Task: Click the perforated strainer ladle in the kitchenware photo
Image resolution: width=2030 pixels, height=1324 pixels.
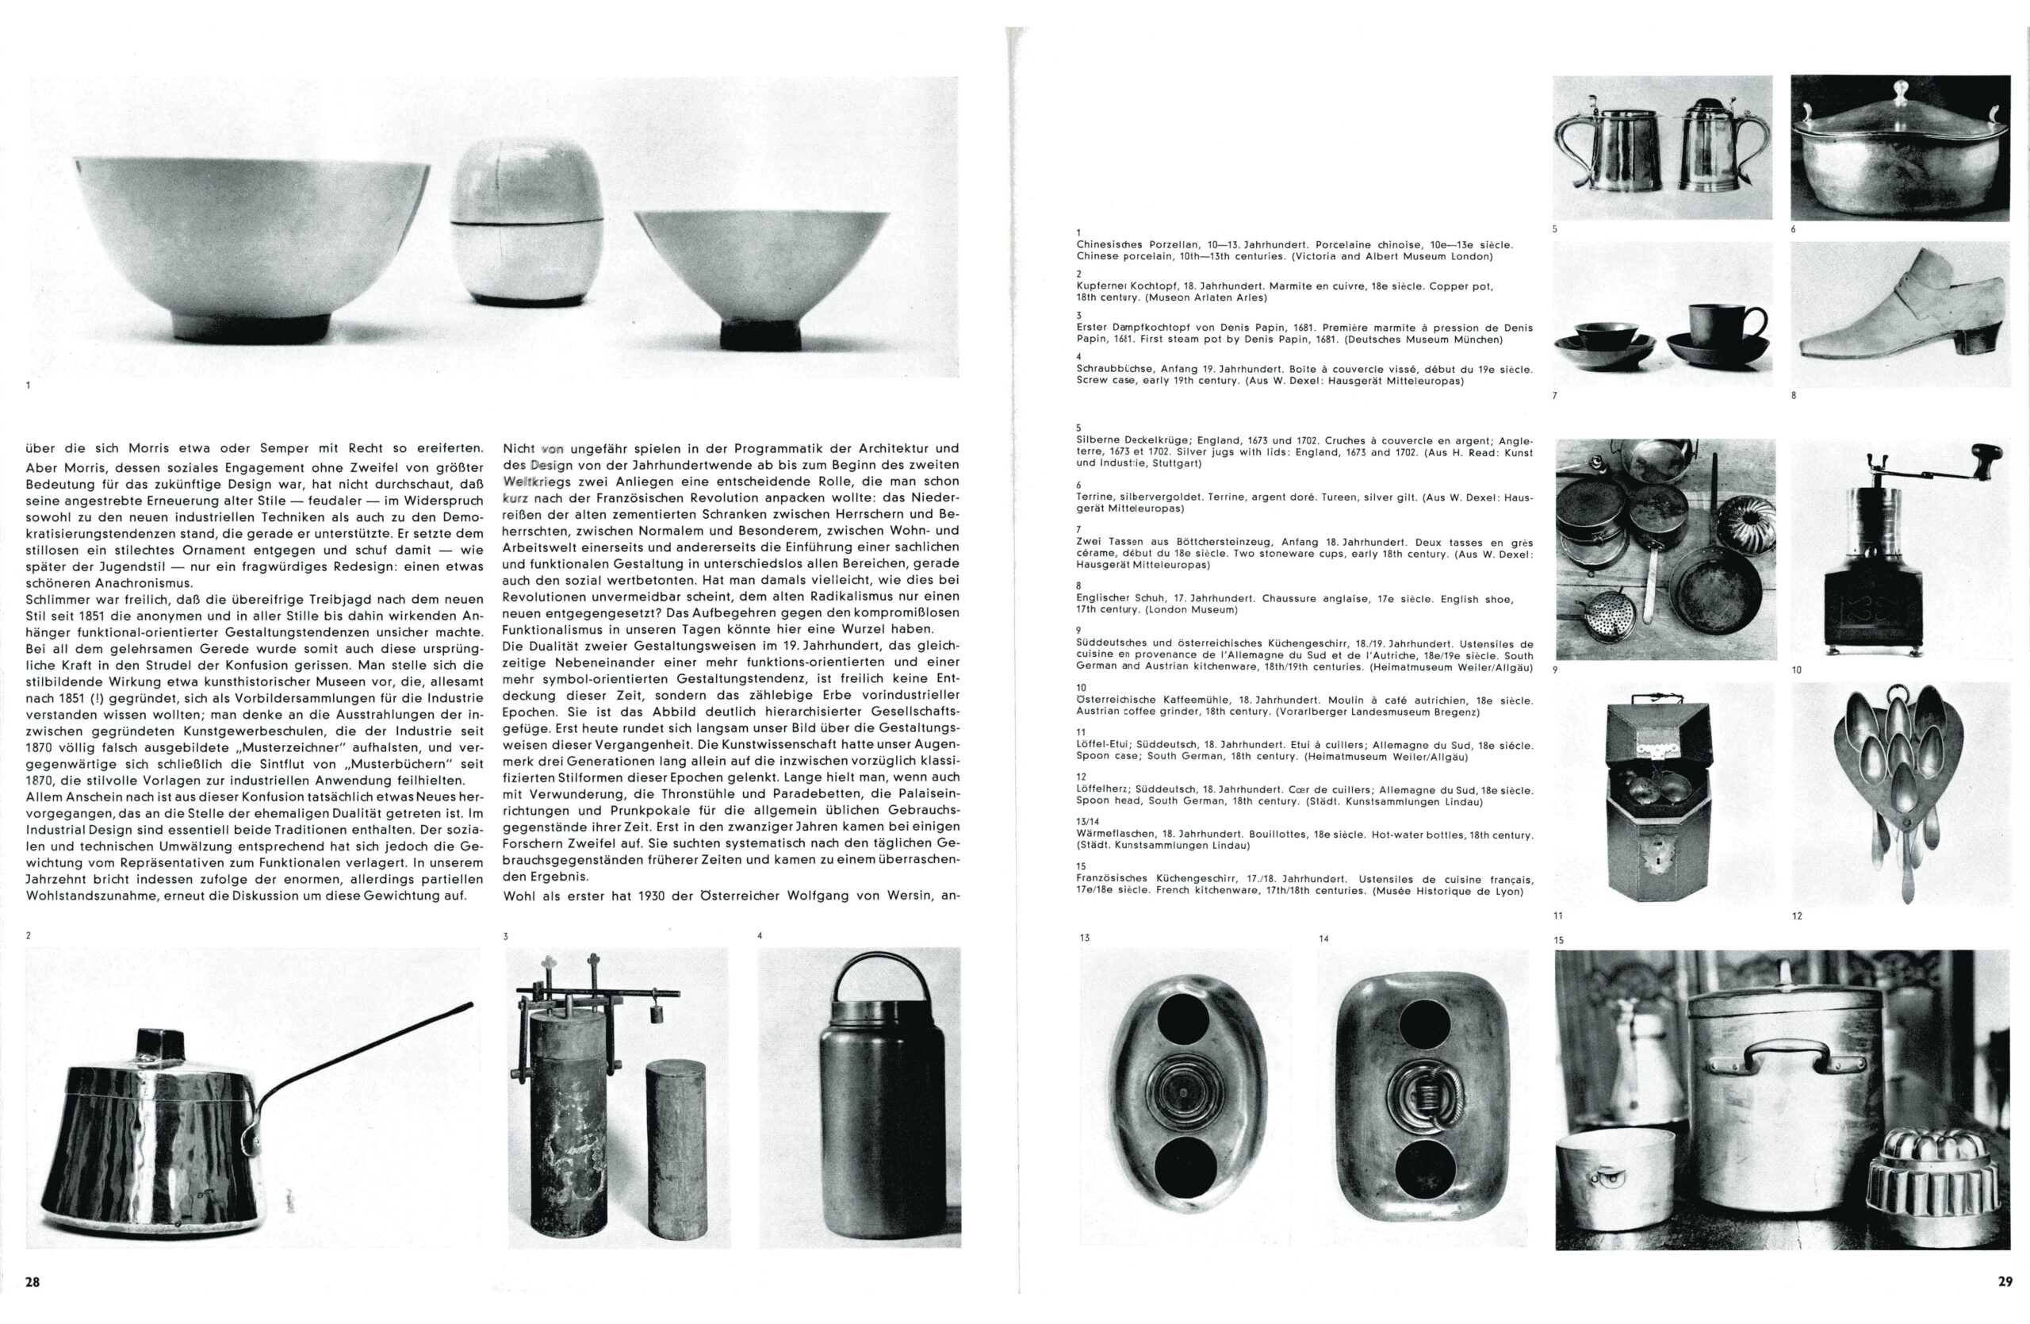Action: tap(1603, 612)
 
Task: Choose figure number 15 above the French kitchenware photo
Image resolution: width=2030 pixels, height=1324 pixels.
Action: tap(1559, 940)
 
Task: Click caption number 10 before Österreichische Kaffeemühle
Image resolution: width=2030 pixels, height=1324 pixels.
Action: tap(1082, 688)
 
